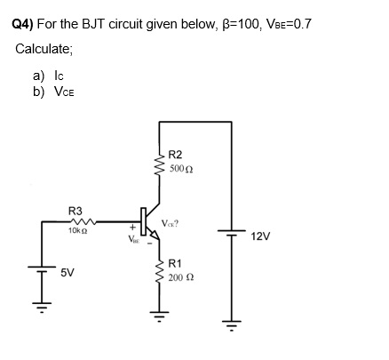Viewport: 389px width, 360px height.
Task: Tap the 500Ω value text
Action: [x=181, y=168]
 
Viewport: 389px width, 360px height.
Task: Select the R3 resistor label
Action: [x=75, y=211]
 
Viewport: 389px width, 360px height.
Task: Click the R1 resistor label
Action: [x=175, y=264]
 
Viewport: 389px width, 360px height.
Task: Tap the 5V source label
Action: [x=67, y=274]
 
